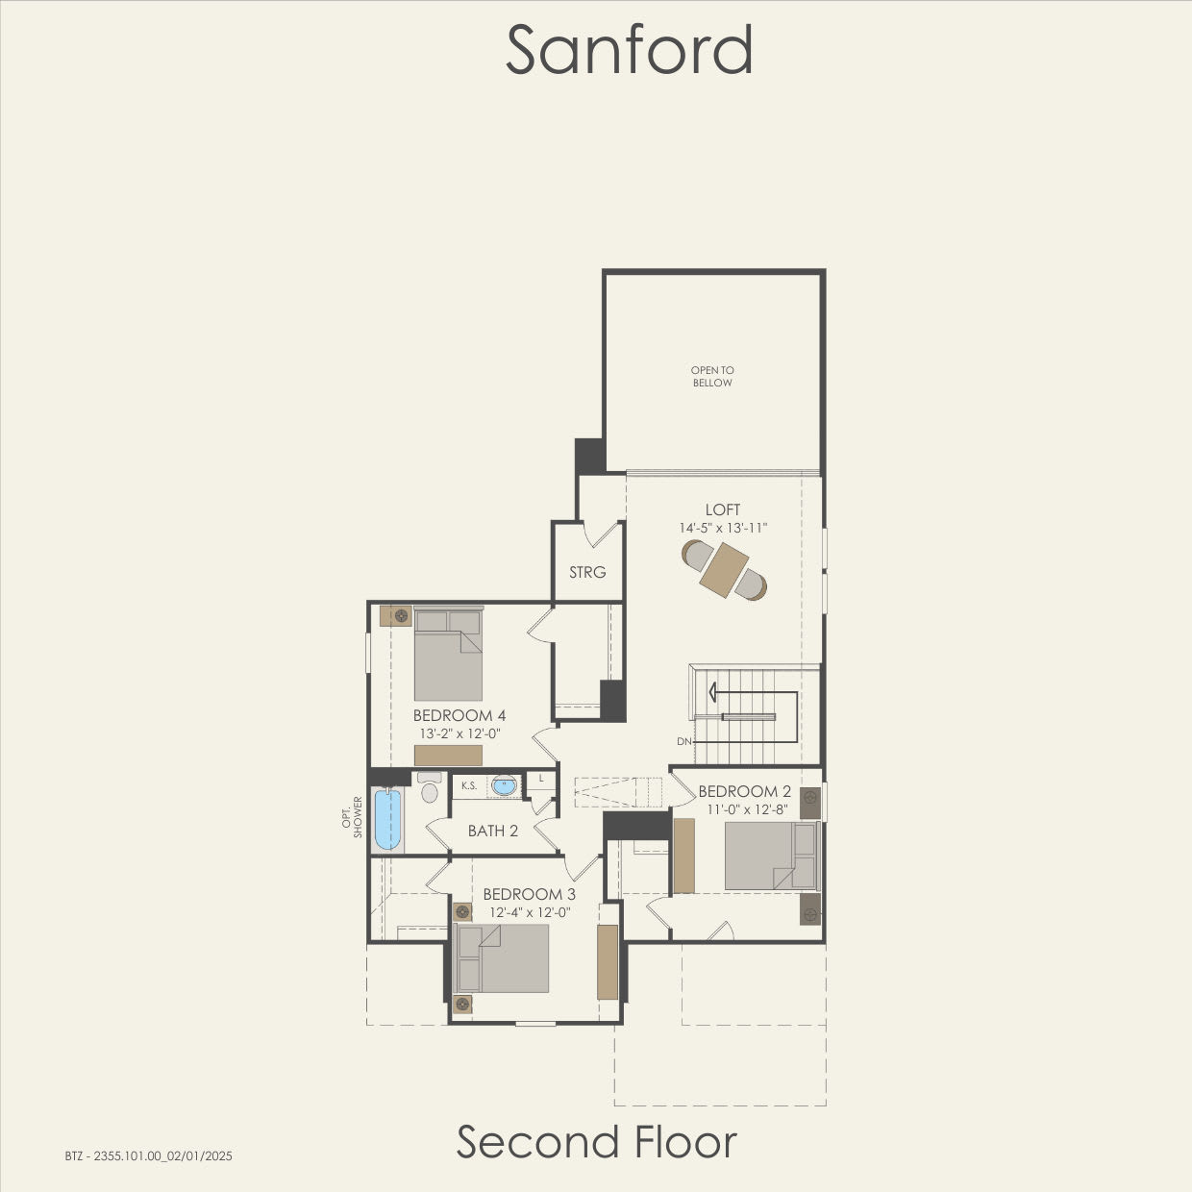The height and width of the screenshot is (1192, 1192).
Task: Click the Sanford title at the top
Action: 629,50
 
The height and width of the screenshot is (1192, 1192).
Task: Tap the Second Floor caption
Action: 596,1142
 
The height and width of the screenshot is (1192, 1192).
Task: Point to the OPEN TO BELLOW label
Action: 712,376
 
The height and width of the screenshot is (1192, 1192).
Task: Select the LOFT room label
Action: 723,509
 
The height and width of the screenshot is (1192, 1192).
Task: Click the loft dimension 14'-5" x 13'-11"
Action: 723,528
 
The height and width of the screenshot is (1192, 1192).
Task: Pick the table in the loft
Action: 725,570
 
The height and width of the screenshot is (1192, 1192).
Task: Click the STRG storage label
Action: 587,572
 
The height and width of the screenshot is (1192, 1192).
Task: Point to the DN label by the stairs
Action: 683,741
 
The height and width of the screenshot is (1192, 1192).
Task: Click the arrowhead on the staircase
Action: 713,691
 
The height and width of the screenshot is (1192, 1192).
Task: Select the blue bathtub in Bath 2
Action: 386,819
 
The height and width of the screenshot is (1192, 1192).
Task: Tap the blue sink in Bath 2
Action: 503,785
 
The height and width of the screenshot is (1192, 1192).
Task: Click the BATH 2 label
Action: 493,831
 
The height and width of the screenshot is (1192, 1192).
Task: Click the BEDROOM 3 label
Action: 530,894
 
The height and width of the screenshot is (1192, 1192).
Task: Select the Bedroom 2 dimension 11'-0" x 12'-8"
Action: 745,809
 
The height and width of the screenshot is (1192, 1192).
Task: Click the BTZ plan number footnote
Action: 149,1156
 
